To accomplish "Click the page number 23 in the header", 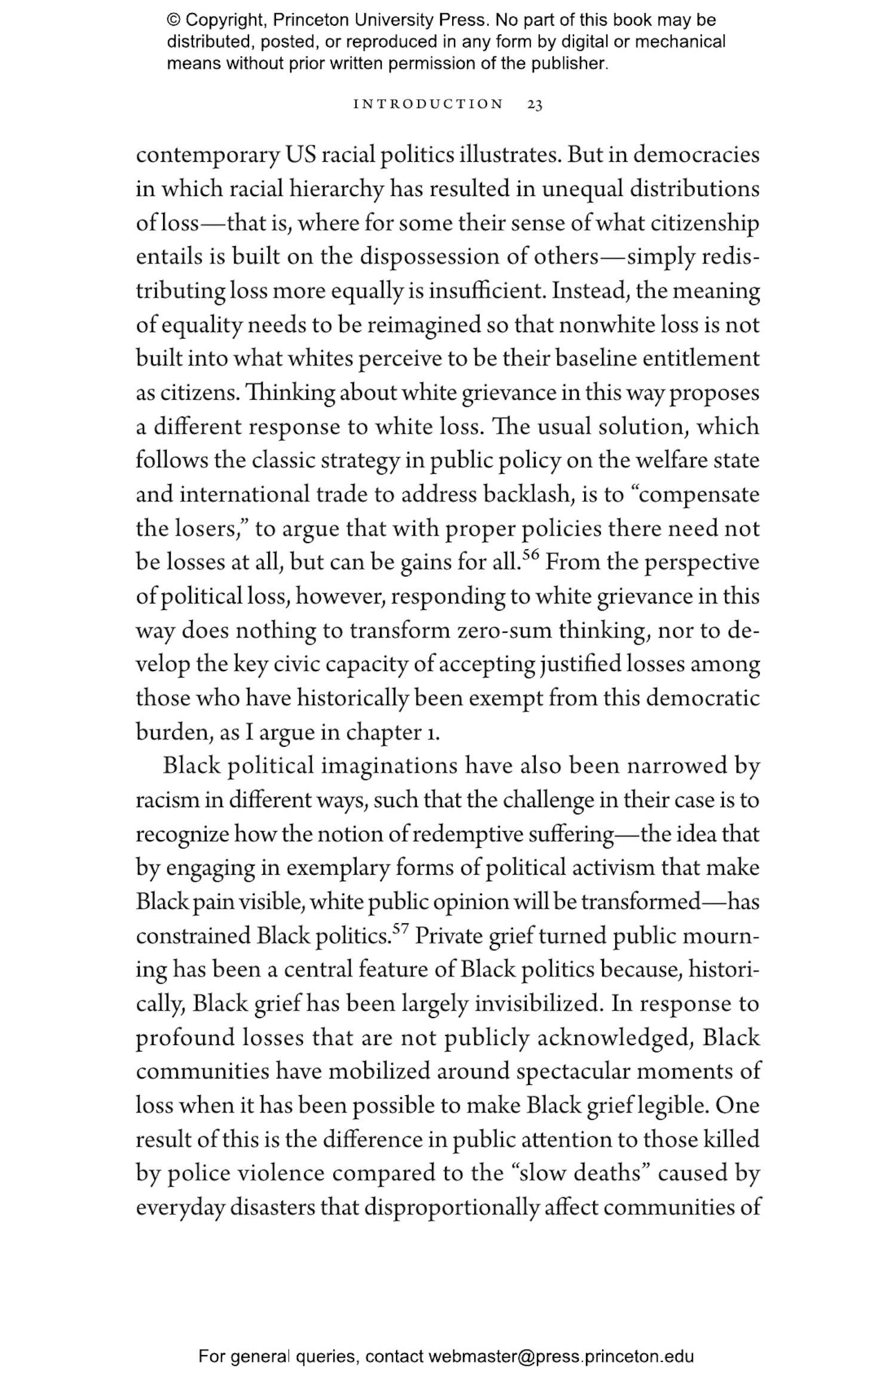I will coord(535,105).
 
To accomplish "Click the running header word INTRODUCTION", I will coord(429,105).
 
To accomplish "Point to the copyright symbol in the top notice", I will coord(173,20).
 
